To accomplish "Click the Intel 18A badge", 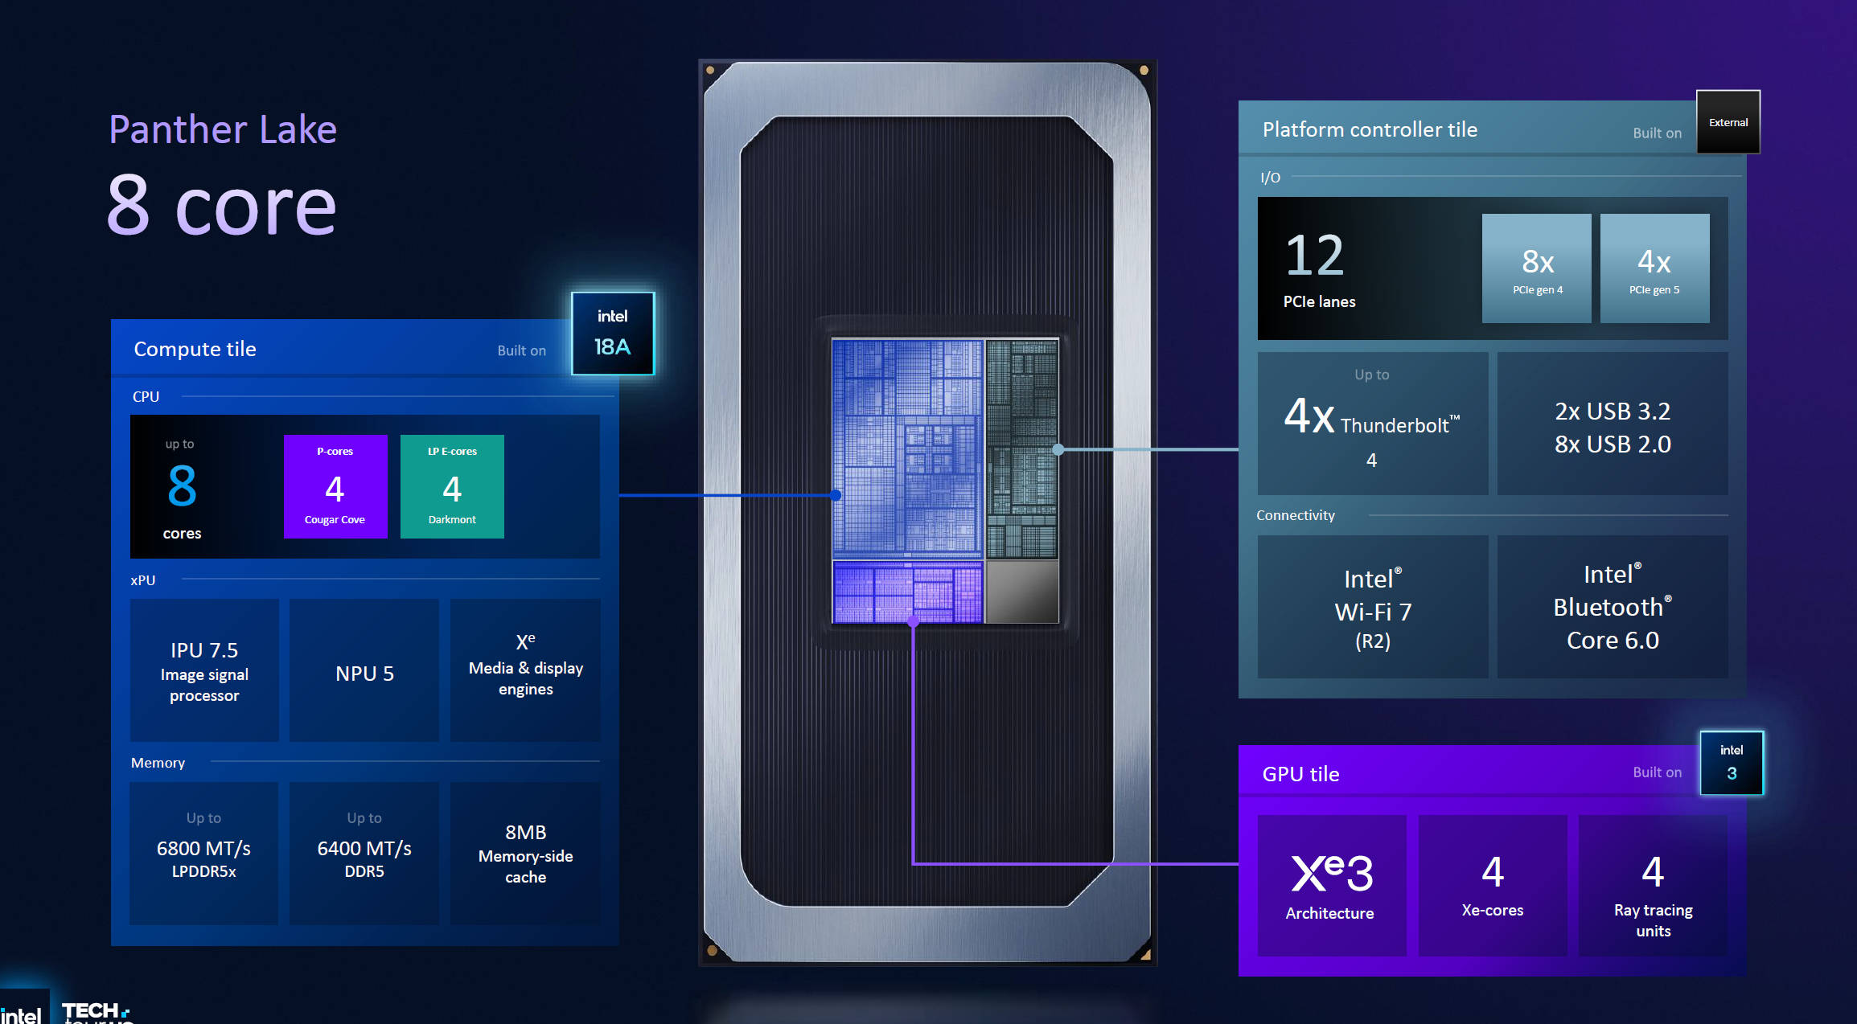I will (612, 333).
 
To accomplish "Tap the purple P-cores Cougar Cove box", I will (335, 486).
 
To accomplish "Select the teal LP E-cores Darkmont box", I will (452, 486).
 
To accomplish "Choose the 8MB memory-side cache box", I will (525, 853).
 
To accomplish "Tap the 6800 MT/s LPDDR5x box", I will (203, 853).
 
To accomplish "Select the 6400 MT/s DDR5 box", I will (364, 853).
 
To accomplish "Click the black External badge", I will (1728, 122).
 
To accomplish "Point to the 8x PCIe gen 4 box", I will (1536, 268).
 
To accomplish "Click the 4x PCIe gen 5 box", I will (1654, 268).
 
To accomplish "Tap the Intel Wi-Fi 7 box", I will (1372, 607).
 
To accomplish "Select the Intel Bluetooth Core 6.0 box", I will (1612, 607).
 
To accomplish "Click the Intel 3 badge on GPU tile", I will (1731, 763).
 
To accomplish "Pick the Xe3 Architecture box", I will (1331, 885).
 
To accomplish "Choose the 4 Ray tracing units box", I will (1653, 885).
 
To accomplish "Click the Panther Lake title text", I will (223, 129).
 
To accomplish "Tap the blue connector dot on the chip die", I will (836, 495).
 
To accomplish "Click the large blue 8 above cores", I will (182, 485).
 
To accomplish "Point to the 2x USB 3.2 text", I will (1612, 411).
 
